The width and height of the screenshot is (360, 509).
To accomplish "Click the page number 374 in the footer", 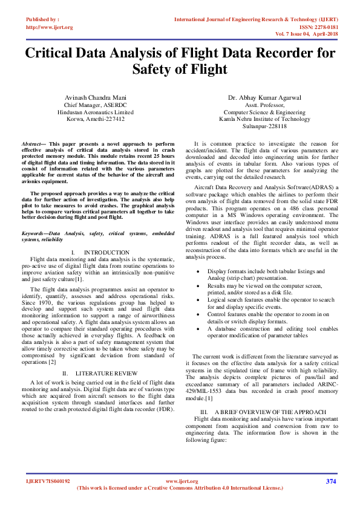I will coord(331,481).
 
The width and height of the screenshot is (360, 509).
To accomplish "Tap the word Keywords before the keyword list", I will coord(34,233).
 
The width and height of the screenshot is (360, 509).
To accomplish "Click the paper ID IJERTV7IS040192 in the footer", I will coord(48,481).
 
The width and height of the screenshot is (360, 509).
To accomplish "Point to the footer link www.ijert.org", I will coord(182,481).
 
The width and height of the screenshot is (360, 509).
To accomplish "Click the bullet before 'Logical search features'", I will coord(200,300).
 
